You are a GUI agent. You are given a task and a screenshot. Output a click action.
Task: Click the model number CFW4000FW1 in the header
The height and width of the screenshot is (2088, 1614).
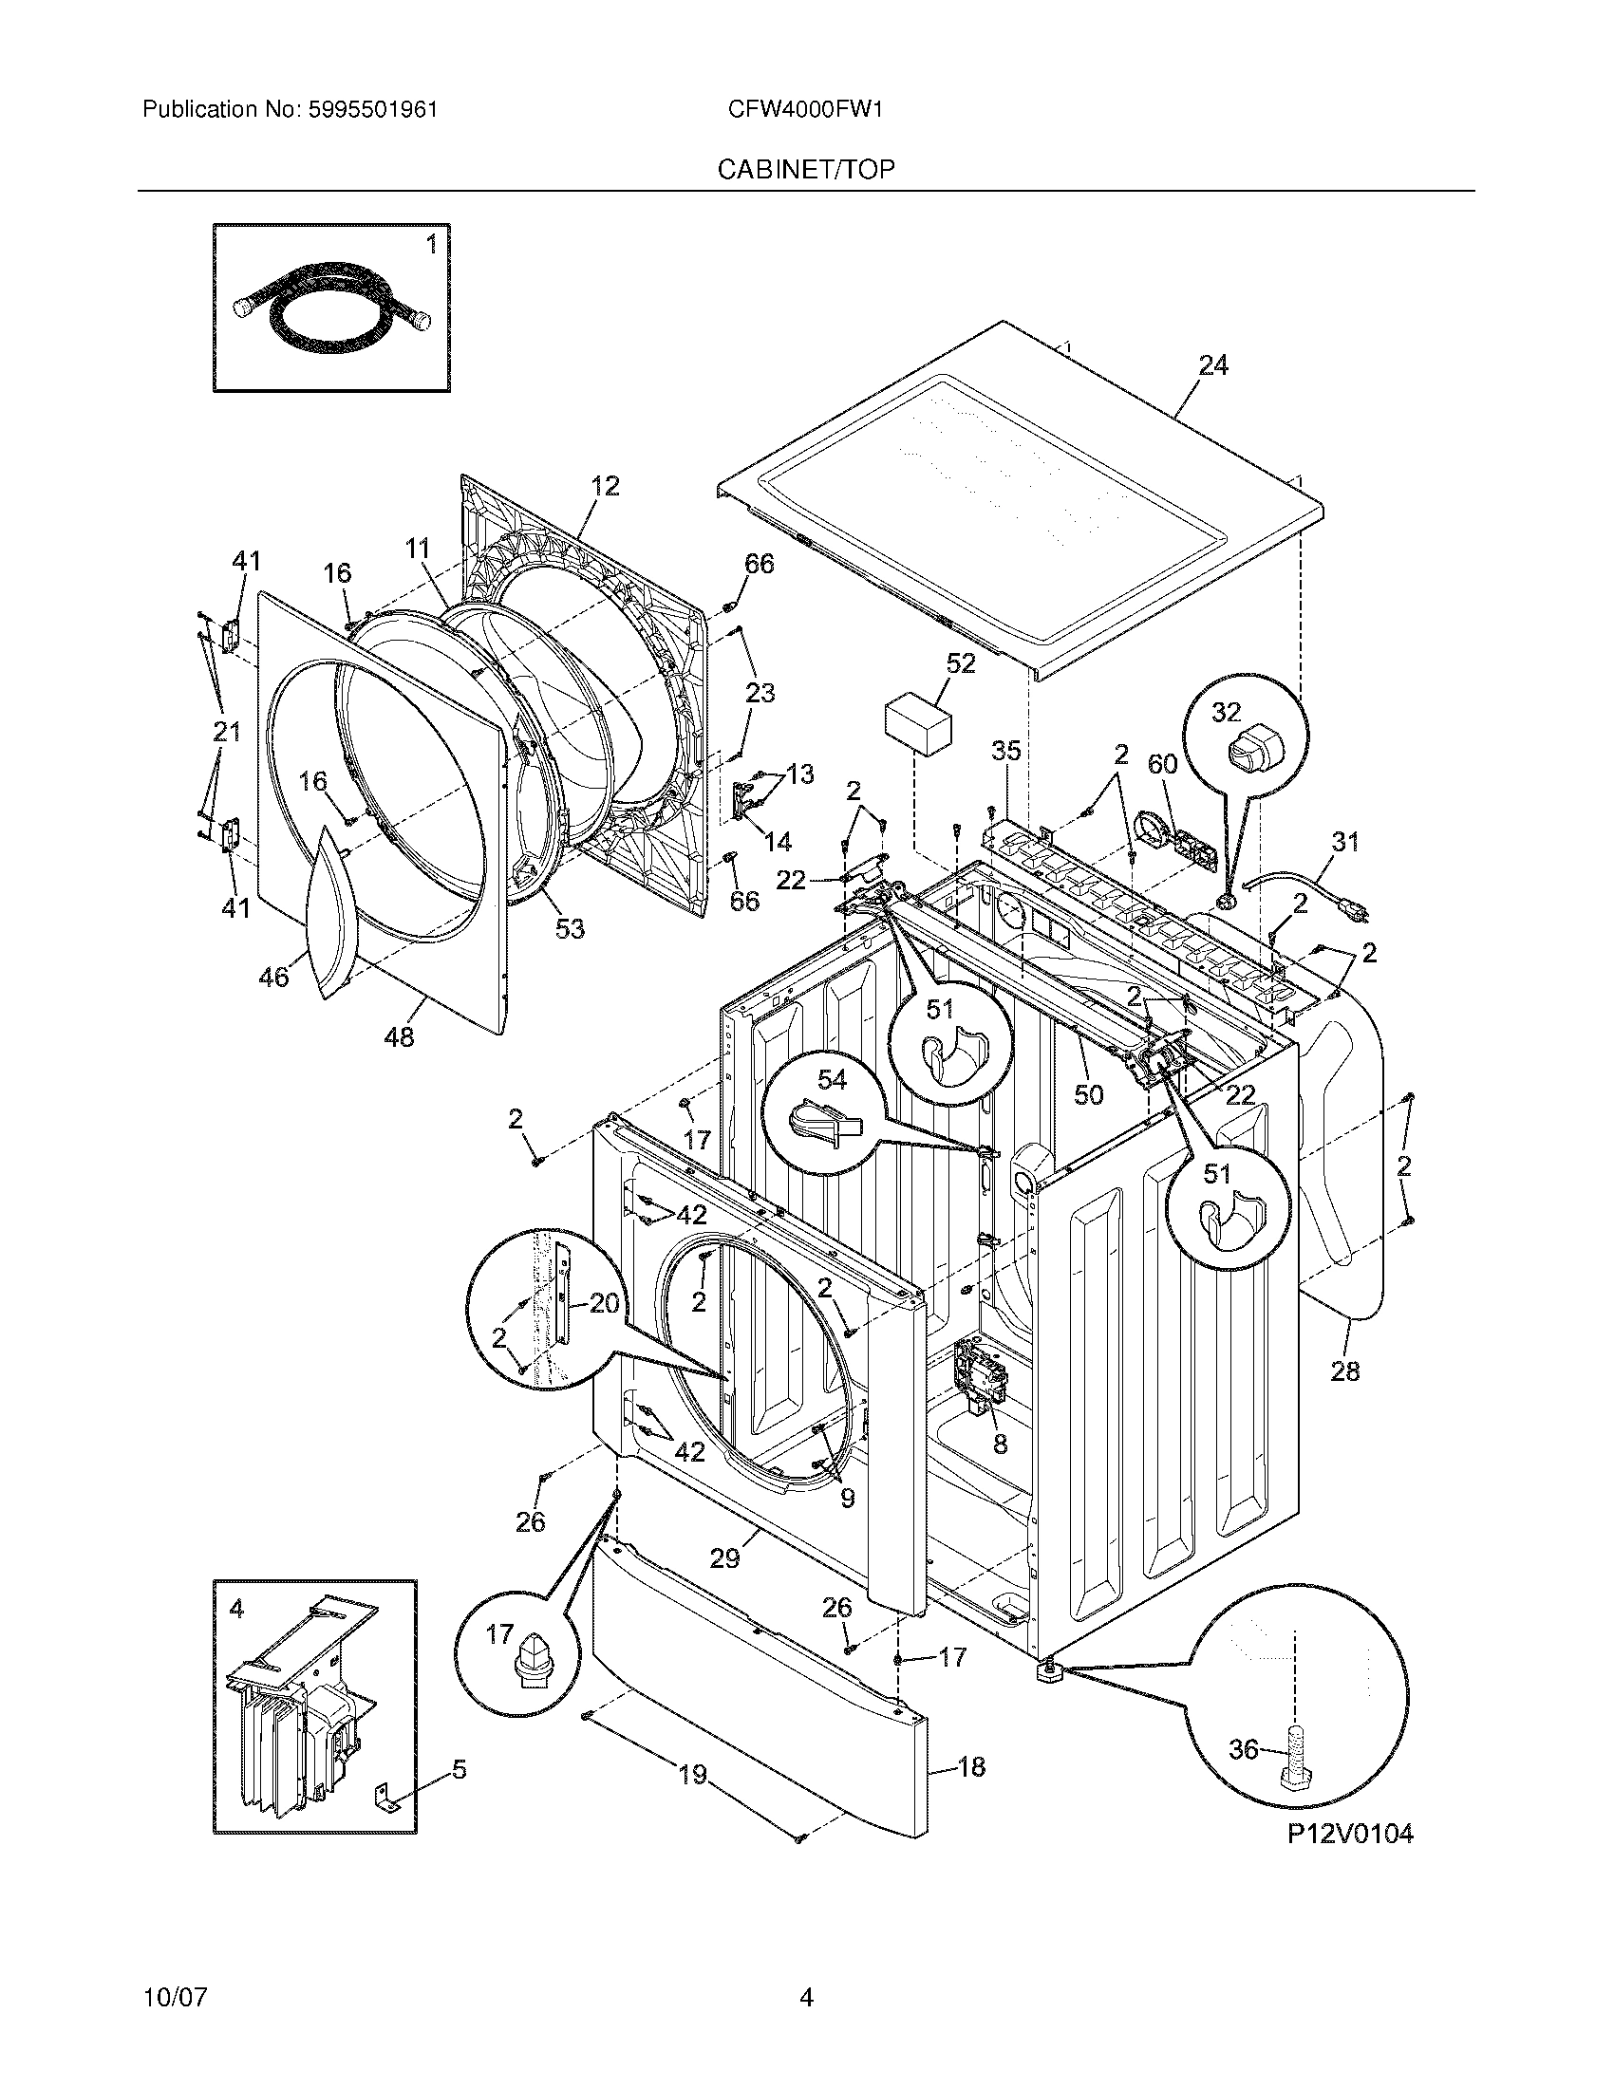805,110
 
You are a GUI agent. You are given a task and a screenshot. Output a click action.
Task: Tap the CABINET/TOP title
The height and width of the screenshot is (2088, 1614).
806,170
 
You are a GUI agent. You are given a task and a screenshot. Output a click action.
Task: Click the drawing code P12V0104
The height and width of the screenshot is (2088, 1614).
1349,1833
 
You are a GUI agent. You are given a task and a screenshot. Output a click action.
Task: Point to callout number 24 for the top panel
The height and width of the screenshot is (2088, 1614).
1212,365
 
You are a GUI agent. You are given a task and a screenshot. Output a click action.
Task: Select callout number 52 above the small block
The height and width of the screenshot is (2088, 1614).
960,663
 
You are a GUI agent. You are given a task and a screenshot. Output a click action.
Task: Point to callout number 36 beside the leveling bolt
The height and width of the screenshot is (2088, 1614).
1243,1748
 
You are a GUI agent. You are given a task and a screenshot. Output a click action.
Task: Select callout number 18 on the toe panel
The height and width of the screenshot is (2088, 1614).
971,1767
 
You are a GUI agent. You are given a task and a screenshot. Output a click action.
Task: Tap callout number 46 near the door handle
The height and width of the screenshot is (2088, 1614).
273,977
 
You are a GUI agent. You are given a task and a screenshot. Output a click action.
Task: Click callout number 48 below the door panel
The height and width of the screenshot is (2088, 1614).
399,1036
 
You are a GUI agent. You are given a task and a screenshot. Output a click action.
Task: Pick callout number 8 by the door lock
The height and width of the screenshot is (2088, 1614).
1000,1445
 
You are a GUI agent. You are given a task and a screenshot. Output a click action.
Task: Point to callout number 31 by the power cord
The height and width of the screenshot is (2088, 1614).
1344,841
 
